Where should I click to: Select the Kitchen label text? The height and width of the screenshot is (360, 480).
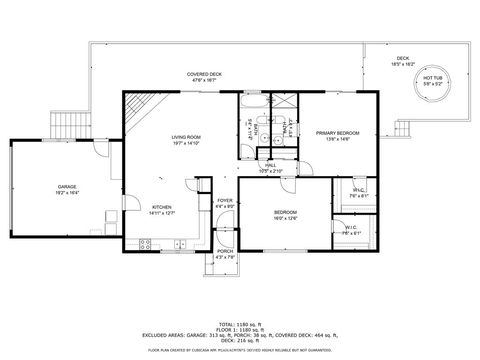134,209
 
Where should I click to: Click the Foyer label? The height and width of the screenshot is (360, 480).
225,202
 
